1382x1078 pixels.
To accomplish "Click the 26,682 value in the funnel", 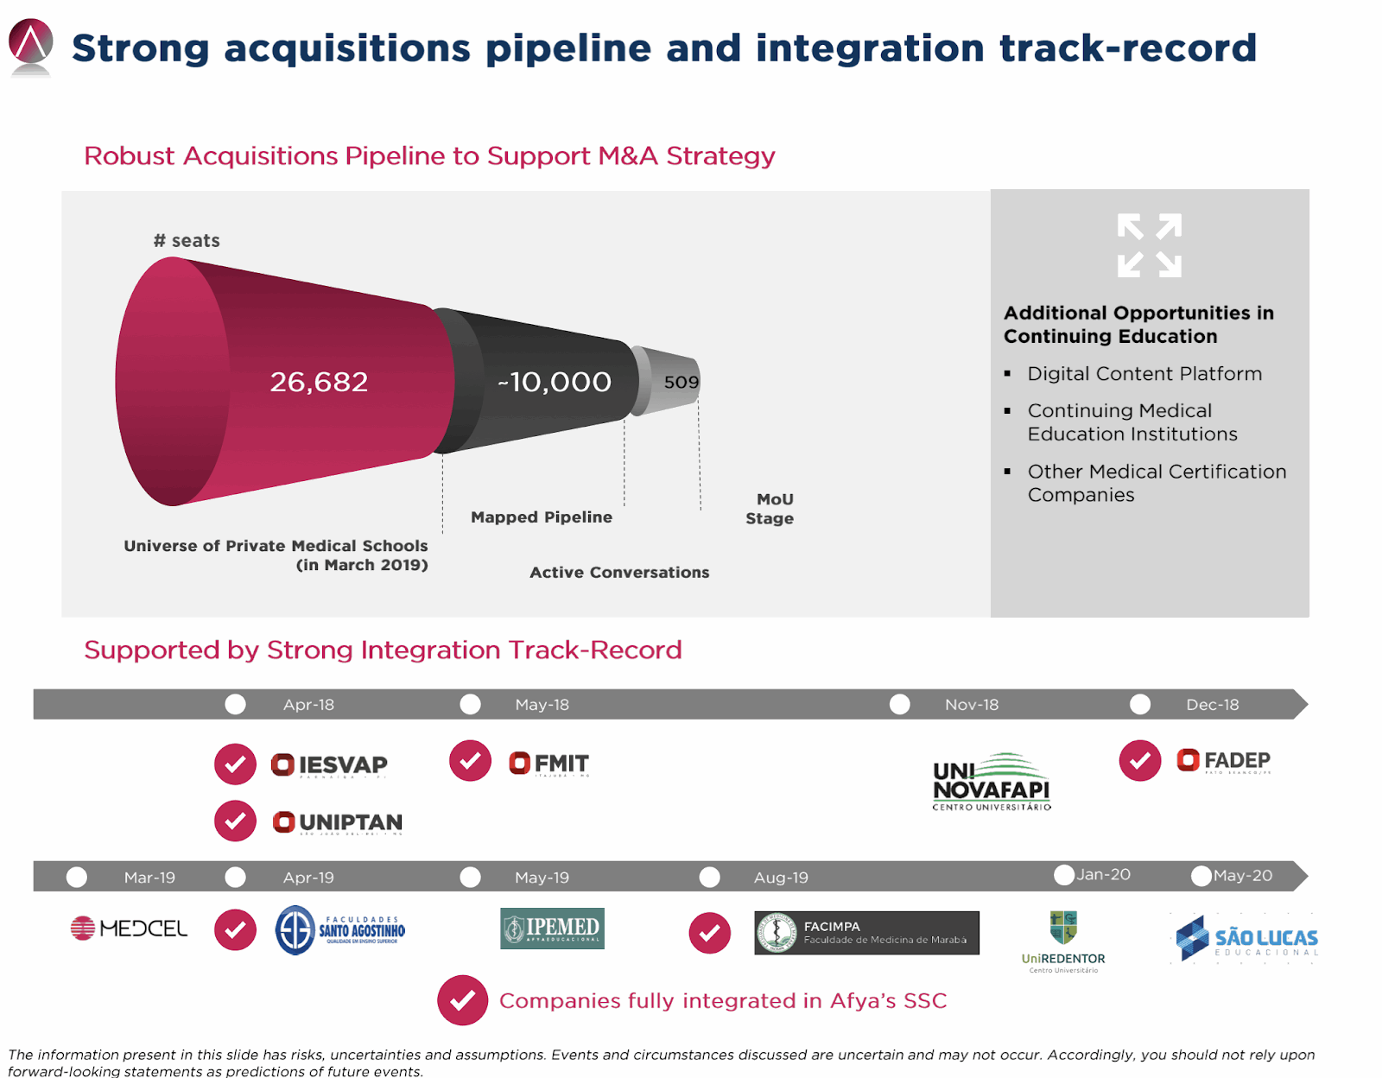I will (x=319, y=382).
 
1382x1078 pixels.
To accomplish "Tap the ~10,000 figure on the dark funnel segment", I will (x=555, y=382).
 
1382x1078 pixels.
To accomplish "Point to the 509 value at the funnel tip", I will (x=681, y=382).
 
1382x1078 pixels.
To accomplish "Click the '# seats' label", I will (x=187, y=241).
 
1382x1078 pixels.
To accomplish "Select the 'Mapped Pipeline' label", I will (x=542, y=517).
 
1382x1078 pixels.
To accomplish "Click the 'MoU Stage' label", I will (x=770, y=509).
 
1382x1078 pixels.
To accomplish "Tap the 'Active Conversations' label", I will (x=619, y=573).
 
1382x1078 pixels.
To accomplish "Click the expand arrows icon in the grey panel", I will (x=1149, y=245).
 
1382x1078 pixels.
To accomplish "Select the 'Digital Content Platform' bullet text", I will (x=1144, y=374).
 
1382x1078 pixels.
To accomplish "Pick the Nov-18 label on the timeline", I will (x=971, y=705).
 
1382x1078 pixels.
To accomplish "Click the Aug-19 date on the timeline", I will (x=781, y=878).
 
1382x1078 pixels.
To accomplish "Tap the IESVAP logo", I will (x=329, y=765).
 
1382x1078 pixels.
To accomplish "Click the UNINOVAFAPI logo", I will (x=992, y=783).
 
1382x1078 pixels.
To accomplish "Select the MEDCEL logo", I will (x=129, y=929).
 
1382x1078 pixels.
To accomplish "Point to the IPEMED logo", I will (x=552, y=929).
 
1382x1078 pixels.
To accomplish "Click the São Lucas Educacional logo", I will (x=1246, y=938).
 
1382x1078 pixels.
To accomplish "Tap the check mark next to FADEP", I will (x=1140, y=761).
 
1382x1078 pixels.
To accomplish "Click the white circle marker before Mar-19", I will (x=77, y=878).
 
